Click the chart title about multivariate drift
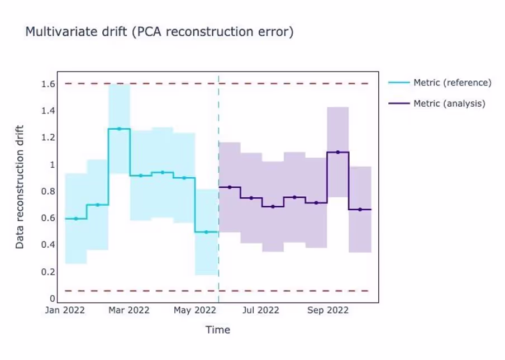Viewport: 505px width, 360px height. coord(159,32)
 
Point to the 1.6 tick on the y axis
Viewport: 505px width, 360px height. coord(48,84)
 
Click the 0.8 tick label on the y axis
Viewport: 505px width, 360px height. coord(48,191)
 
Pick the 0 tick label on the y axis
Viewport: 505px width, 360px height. coord(52,299)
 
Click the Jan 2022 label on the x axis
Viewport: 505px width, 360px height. coord(65,310)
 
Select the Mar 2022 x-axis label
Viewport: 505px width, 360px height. coord(129,310)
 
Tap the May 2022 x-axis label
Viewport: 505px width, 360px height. coord(195,310)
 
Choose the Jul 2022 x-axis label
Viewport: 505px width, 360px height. coord(260,310)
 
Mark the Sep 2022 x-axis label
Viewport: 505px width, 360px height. coord(328,310)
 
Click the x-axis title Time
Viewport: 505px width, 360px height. coord(218,330)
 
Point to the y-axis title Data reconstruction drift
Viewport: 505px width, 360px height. coord(20,187)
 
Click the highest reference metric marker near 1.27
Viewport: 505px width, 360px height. coord(119,129)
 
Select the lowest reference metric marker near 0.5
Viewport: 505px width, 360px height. coord(206,232)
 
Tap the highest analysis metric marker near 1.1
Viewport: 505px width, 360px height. coord(338,152)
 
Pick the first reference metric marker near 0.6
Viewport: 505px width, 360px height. coord(76,219)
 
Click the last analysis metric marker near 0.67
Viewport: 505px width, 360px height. coord(360,210)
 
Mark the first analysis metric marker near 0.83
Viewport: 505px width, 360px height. coord(230,187)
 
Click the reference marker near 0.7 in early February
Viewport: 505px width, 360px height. coord(98,205)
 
